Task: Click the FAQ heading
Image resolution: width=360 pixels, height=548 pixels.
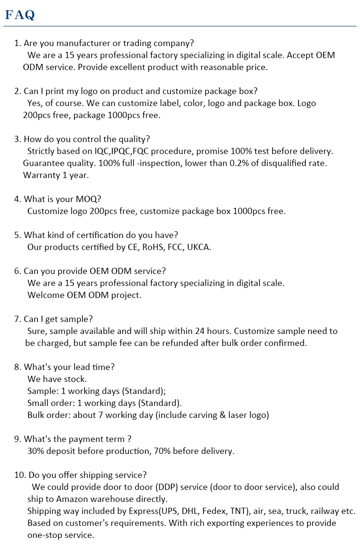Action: tap(20, 15)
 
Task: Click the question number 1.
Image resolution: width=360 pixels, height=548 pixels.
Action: tap(17, 43)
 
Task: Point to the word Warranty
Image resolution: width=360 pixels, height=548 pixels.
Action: tap(43, 175)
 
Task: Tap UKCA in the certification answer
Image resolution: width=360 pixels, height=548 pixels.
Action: tap(198, 247)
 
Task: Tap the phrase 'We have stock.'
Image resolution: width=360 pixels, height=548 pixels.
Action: tap(57, 379)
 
